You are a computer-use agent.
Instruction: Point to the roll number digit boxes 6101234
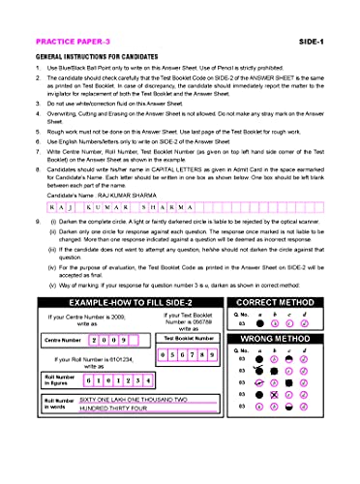(121, 380)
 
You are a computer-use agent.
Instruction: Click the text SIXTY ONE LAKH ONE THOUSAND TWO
(134, 399)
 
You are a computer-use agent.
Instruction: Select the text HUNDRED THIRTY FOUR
(114, 408)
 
